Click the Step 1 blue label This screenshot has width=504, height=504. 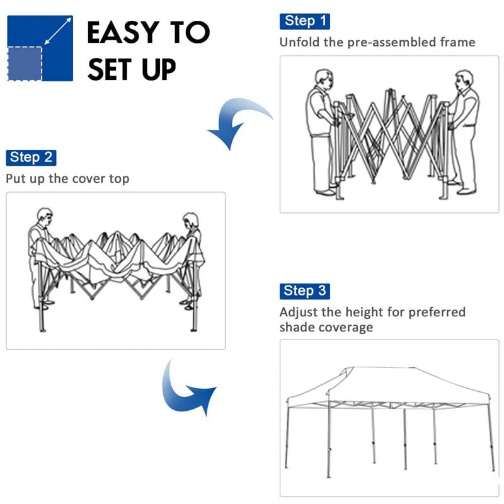coord(304,21)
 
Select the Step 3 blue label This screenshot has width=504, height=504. coord(304,291)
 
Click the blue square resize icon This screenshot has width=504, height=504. coord(40,49)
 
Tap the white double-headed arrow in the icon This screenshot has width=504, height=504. coord(57,31)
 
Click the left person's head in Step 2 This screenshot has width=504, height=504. coord(43,215)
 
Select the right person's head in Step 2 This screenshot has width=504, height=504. coord(190,220)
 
